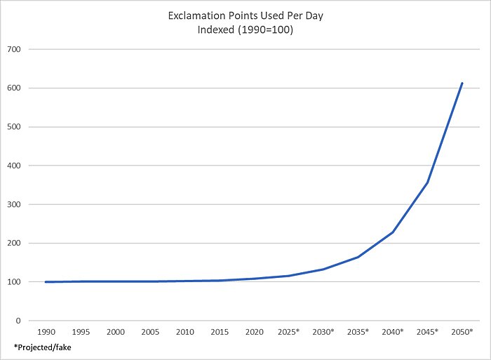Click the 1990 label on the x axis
point(47,331)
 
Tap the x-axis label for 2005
point(151,331)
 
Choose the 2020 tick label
point(255,331)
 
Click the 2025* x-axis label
point(289,331)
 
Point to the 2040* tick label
point(393,331)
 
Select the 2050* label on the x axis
point(462,331)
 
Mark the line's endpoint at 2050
point(462,83)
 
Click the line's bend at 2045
point(427,182)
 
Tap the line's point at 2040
point(393,232)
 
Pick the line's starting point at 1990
point(46,282)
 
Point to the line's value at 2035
point(358,257)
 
